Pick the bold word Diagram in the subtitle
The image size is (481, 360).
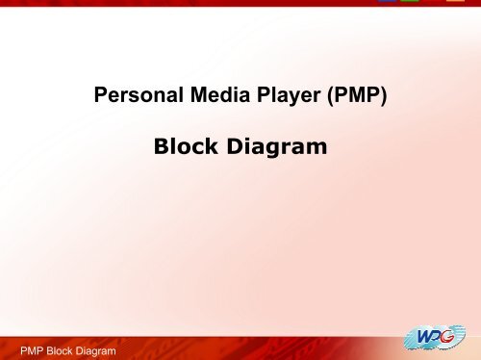[x=279, y=147]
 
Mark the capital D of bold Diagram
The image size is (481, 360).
[x=239, y=147]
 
